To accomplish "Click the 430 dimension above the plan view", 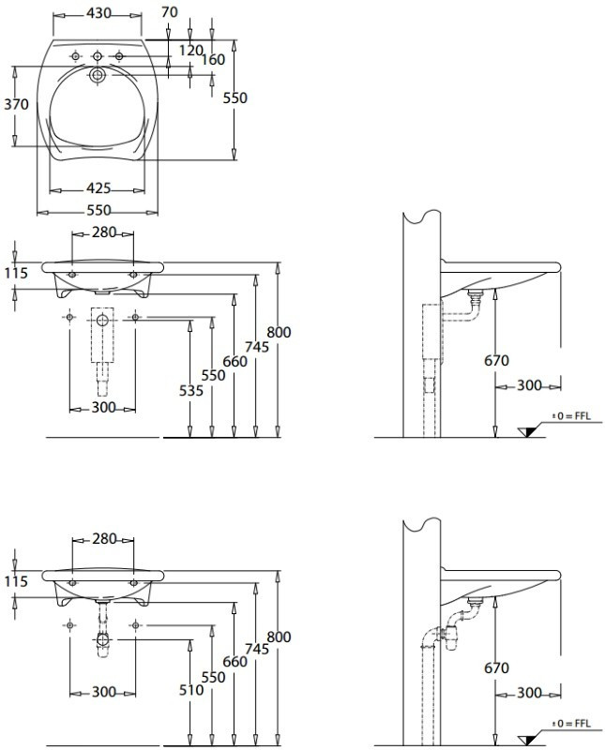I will click(98, 13).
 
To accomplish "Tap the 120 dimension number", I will click(191, 50).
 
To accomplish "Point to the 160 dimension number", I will click(213, 60).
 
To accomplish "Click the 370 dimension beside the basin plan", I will click(16, 104).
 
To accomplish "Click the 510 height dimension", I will click(190, 690).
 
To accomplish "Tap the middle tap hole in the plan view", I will click(98, 58).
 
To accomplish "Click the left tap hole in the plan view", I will click(76, 58).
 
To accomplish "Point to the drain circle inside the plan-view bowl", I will click(98, 74).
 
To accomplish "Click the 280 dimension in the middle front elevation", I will click(103, 232).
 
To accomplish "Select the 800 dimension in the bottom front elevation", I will click(279, 637).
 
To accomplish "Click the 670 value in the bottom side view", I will click(496, 668).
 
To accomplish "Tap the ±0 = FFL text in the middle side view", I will click(573, 415).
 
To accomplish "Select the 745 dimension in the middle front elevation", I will click(256, 346).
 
